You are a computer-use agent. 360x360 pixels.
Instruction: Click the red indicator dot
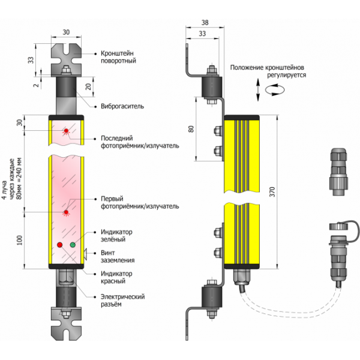[59, 245]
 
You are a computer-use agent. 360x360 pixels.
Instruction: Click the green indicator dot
[73, 245]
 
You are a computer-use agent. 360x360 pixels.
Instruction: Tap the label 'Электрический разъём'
[122, 301]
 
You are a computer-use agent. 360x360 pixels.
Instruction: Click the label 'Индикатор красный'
[116, 278]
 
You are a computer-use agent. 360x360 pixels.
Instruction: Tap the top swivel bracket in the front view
[67, 57]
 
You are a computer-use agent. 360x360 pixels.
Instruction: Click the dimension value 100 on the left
[20, 240]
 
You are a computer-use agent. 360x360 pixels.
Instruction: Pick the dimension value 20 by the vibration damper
[89, 86]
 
